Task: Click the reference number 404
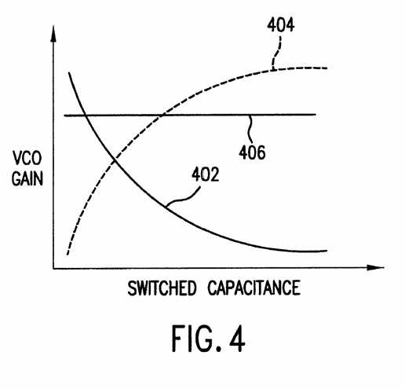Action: pyautogui.click(x=280, y=25)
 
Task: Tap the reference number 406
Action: pyautogui.click(x=252, y=152)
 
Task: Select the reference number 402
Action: pyautogui.click(x=206, y=174)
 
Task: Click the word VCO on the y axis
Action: pyautogui.click(x=27, y=158)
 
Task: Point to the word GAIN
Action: pyautogui.click(x=27, y=178)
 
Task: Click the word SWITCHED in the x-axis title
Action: pyautogui.click(x=162, y=288)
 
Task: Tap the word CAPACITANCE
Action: pyautogui.click(x=254, y=288)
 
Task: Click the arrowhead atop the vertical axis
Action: pyautogui.click(x=53, y=34)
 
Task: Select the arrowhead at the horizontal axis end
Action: pyautogui.click(x=376, y=267)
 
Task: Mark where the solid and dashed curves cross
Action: pyautogui.click(x=115, y=160)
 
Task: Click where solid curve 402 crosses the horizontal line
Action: pyautogui.click(x=86, y=115)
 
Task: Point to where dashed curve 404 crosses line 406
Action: pyautogui.click(x=162, y=115)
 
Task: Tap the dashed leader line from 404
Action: pyautogui.click(x=276, y=53)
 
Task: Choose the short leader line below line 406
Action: pyautogui.click(x=250, y=128)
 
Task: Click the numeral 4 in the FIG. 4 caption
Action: pyautogui.click(x=237, y=339)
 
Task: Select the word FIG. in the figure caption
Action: pyautogui.click(x=197, y=339)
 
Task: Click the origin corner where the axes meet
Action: pyautogui.click(x=53, y=268)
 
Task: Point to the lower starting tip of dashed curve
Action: pyautogui.click(x=67, y=255)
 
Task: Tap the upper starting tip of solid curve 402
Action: pyautogui.click(x=69, y=72)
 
